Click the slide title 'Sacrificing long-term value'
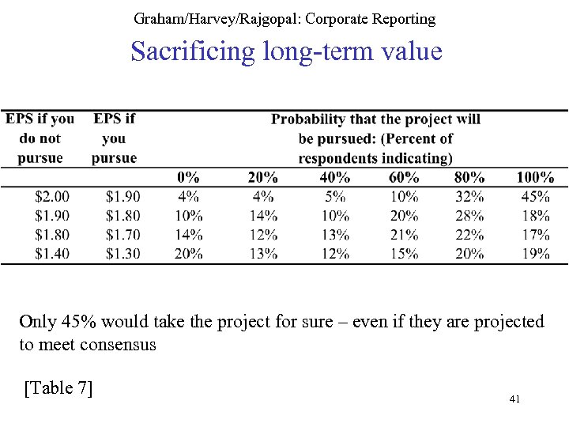(x=286, y=52)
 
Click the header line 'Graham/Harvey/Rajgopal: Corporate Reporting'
(x=284, y=17)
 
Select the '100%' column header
(x=535, y=177)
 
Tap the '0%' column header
(x=188, y=177)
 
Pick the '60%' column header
(x=404, y=177)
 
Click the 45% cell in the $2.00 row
(x=535, y=196)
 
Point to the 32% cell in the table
(x=470, y=196)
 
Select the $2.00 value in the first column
(x=52, y=196)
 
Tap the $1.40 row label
(x=52, y=253)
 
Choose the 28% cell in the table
(x=470, y=215)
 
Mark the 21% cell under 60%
(x=404, y=234)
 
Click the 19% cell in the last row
(x=535, y=253)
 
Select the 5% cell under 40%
(x=335, y=196)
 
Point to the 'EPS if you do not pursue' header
(x=40, y=138)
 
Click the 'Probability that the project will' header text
(x=375, y=119)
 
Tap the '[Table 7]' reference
(x=58, y=387)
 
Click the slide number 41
(x=514, y=400)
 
